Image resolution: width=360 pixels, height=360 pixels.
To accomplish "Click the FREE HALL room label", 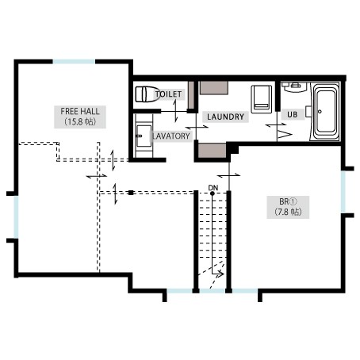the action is coord(80,111).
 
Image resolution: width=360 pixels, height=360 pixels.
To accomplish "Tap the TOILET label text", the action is coord(169,94).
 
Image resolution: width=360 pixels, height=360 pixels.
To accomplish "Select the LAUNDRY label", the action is coord(225,117).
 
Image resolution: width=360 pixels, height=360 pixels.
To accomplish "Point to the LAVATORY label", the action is coord(171,136).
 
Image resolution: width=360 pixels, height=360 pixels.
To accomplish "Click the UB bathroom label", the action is coord(293,115).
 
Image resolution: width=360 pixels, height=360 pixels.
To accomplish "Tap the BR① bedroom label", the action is coord(288,202).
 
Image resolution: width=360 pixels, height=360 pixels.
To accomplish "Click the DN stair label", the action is coord(213,188).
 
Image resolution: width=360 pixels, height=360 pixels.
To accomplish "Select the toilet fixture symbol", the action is coord(147,94).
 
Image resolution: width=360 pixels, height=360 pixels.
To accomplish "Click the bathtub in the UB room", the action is coord(325,112).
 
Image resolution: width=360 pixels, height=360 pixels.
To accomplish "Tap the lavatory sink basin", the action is coord(144,136).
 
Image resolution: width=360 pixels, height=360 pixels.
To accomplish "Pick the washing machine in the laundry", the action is coord(262,99).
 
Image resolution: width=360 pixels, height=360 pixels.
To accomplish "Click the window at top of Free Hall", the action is coord(74,62).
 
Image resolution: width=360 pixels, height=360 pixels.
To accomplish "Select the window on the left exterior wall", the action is coord(16,216).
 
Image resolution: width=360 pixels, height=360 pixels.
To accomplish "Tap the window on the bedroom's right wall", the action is coord(343,192).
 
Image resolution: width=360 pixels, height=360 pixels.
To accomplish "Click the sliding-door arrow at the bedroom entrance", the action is coord(228,175).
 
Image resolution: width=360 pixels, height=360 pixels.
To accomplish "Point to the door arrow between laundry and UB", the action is coord(276,125).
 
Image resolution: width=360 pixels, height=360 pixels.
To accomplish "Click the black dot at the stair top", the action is coord(212,193).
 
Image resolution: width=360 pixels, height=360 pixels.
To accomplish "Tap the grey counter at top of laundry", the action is coord(214,88).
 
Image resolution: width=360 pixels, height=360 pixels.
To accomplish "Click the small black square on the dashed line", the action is coord(131,193).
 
